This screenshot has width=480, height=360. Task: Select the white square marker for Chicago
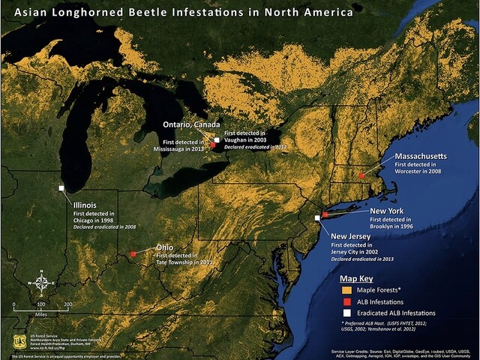tap(61, 189)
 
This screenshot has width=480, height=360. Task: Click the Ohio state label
tap(165, 247)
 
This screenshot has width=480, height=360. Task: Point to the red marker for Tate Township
tap(133, 254)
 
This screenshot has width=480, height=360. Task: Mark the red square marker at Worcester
tap(361, 175)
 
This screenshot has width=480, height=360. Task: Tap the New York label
tap(386, 211)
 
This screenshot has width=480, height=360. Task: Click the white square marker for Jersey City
tap(318, 217)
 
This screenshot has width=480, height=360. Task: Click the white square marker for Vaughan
tap(216, 140)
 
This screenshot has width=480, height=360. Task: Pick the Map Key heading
tap(360, 278)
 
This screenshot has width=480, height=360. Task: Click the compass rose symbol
tap(43, 283)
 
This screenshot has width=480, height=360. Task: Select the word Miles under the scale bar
tap(40, 313)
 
